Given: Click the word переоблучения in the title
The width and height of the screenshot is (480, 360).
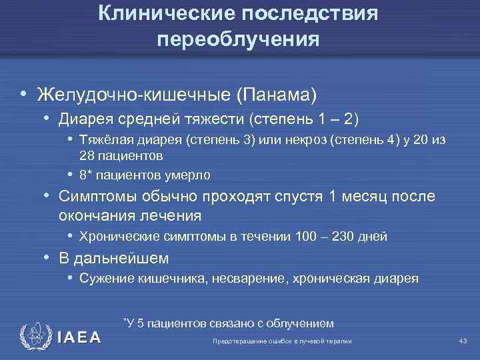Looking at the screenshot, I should click(239, 39).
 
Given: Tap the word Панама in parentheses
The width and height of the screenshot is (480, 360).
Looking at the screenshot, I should click(276, 95).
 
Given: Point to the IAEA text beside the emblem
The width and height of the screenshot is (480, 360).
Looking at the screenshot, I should click(78, 337).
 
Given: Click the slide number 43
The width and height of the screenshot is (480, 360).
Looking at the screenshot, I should click(463, 341).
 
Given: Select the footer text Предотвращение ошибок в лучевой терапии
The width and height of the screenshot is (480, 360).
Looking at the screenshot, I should click(281, 341).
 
